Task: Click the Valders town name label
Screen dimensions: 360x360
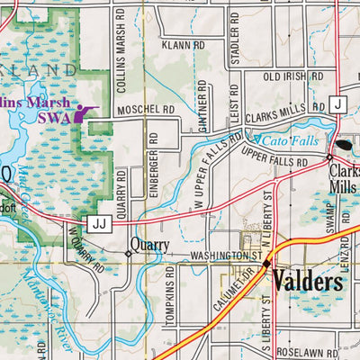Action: pos(308,282)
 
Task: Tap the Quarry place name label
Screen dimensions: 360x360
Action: pos(150,244)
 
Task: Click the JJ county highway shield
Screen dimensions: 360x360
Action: pos(98,221)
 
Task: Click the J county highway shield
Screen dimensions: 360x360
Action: pos(336,103)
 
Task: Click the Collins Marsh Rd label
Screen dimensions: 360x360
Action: pos(120,40)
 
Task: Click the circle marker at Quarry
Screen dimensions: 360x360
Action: pos(128,254)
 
